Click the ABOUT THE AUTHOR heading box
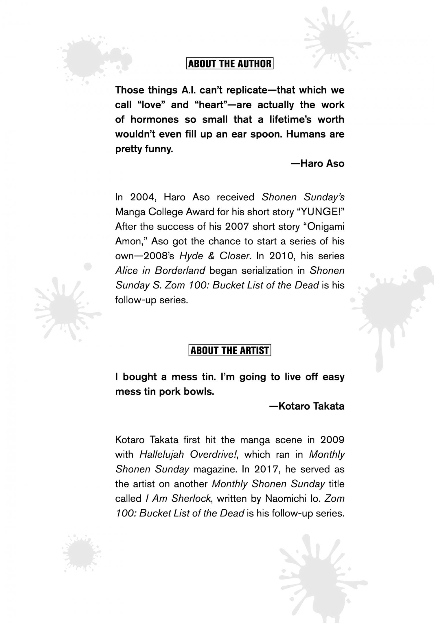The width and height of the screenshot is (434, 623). [x=230, y=64]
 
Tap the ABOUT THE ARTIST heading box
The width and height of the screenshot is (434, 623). [x=230, y=350]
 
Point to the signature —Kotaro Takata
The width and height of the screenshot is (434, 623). [x=307, y=406]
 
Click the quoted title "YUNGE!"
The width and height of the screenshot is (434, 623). [x=321, y=212]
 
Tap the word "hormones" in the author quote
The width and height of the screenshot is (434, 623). [x=155, y=120]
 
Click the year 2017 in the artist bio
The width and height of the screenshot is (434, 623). [x=266, y=469]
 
